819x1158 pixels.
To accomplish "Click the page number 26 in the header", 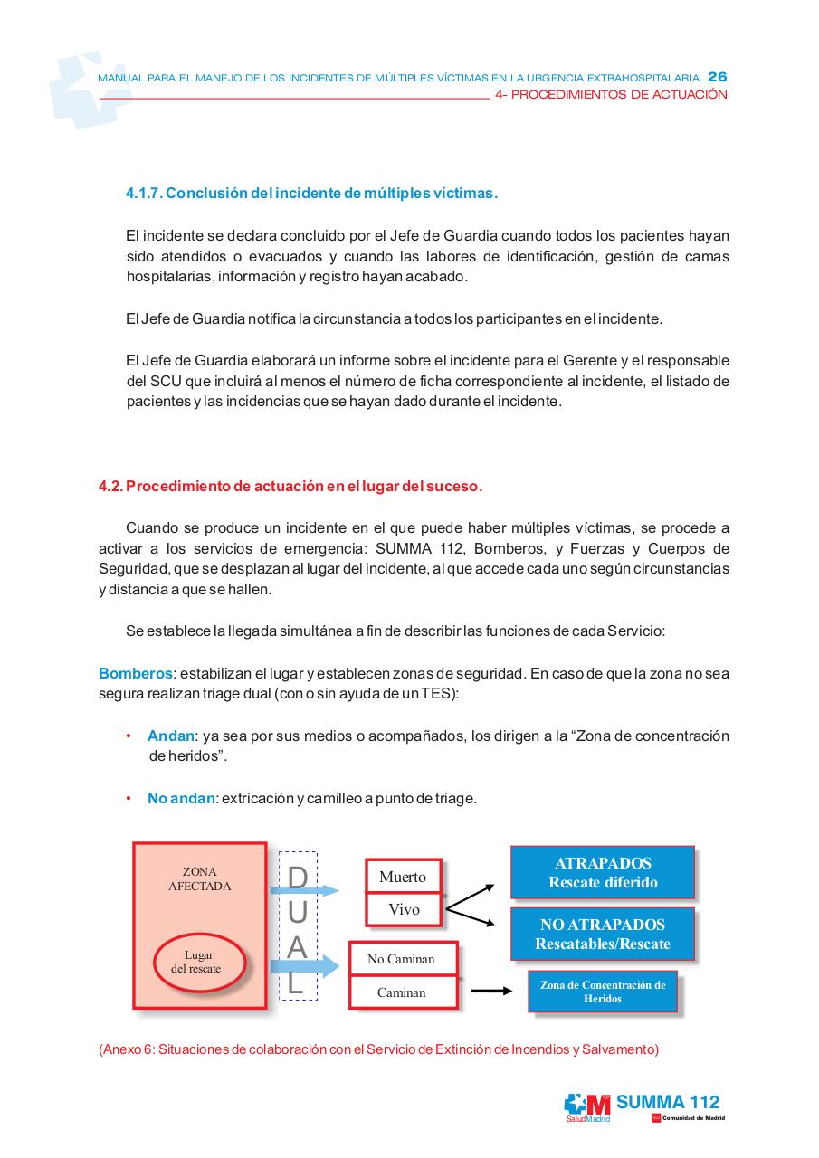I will coord(717,77).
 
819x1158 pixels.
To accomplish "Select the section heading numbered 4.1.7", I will coord(311,194).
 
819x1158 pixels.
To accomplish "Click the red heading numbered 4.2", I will coord(290,487).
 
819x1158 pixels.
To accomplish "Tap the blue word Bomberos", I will coord(135,673).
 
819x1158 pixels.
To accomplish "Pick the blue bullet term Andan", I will coord(170,736).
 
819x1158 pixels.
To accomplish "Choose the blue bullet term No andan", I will coord(181,798).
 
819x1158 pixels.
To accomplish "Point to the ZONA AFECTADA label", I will coord(199,879).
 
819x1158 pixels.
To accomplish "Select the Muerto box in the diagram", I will coord(403,877).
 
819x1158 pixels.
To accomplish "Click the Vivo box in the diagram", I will coord(404,909).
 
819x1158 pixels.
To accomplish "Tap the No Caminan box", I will coord(401,959).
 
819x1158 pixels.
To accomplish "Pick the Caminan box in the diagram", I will coord(401,992).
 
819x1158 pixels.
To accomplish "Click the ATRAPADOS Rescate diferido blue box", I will coord(603,872).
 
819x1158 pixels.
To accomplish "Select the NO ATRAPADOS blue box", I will coord(603,935).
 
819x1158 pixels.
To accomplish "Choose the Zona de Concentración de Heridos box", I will coord(602,992).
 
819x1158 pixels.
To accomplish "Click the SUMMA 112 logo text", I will coord(667,1102).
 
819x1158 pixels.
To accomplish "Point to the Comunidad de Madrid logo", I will coord(688,1118).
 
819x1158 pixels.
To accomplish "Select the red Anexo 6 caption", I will coord(378,1049).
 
